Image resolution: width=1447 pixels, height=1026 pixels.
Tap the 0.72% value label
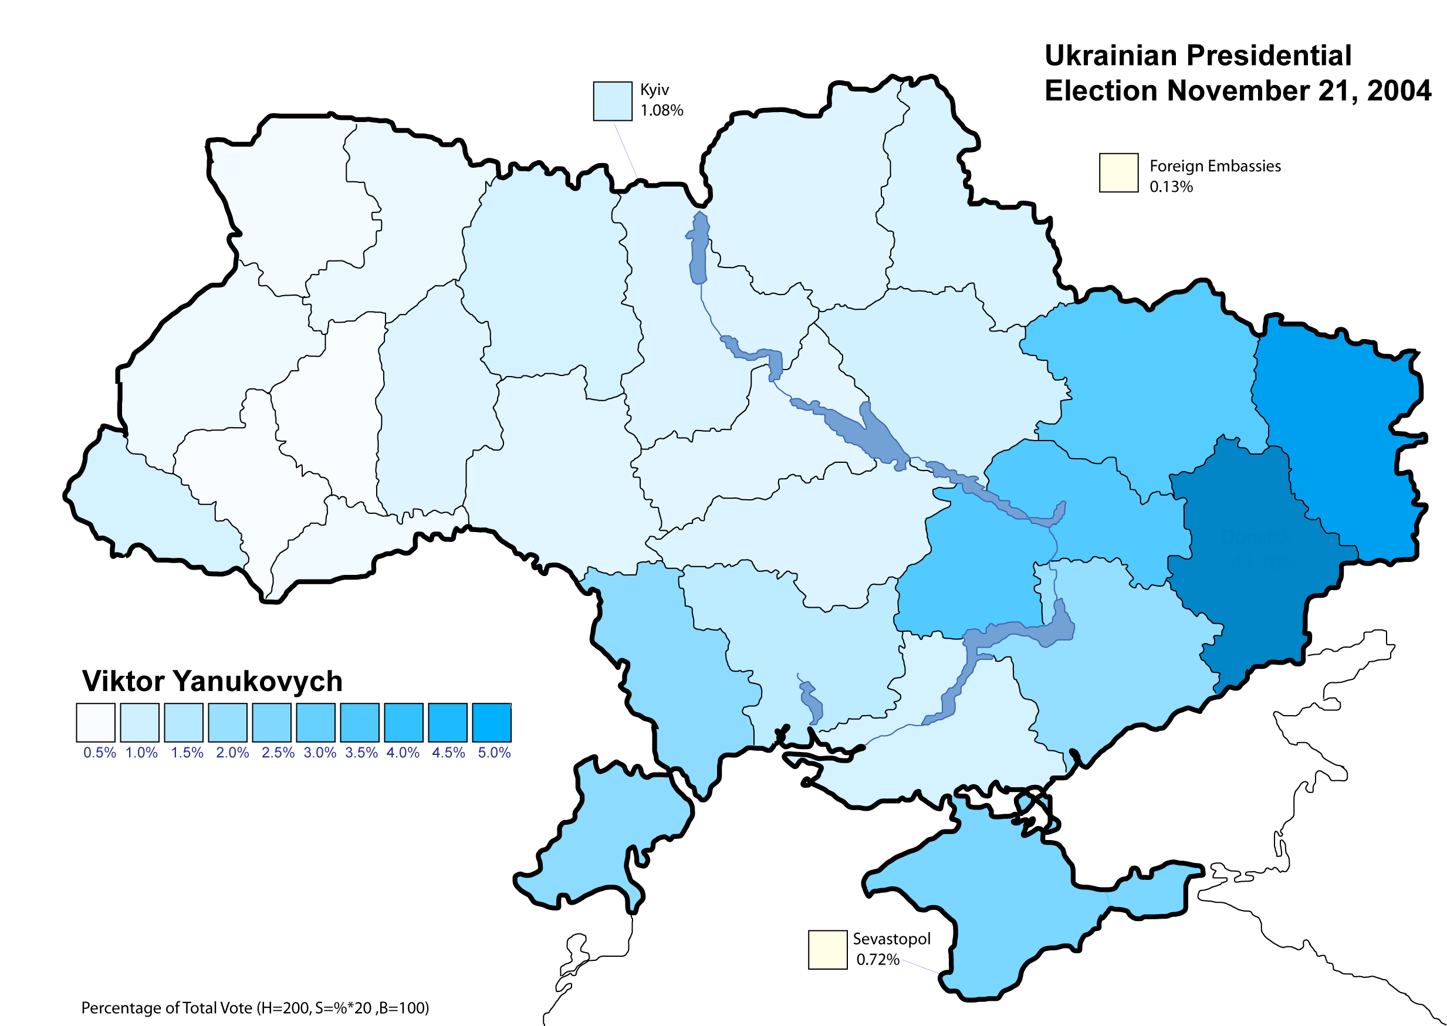point(878,959)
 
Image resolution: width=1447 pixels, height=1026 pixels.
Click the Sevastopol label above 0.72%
point(891,939)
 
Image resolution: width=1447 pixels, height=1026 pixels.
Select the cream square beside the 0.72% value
point(828,950)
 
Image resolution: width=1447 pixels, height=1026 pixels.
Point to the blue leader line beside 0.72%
point(920,965)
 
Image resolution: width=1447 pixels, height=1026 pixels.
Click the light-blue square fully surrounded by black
point(612,101)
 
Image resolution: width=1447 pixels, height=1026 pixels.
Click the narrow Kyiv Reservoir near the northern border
point(698,246)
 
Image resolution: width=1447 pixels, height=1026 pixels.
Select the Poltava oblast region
point(935,367)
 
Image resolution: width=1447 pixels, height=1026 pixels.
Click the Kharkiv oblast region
point(1137,379)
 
